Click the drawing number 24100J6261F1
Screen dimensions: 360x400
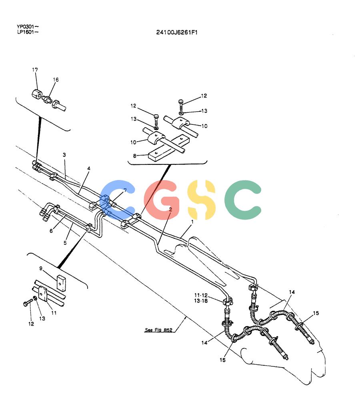coord(177,32)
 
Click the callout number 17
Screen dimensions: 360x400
coord(35,70)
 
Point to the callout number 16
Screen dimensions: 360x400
coord(56,80)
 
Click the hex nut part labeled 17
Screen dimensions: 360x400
coord(37,94)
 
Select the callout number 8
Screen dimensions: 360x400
coord(134,156)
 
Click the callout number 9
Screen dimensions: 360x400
coord(41,268)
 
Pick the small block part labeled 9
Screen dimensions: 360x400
coord(61,283)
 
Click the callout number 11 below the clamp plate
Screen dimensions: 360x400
coord(54,313)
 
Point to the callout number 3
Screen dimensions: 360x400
coord(64,155)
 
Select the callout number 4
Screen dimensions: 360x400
coord(89,168)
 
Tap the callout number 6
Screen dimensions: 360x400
coord(51,231)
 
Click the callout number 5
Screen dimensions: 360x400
coord(65,243)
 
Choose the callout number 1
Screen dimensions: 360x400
coord(192,222)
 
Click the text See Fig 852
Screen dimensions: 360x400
coord(158,330)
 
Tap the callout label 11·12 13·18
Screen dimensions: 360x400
coord(201,298)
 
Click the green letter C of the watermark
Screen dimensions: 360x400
coord(243,200)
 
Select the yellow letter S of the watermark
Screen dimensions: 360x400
coord(201,200)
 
